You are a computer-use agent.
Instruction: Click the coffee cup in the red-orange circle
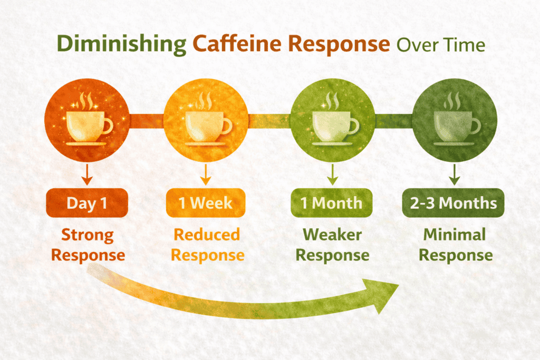pyautogui.click(x=88, y=127)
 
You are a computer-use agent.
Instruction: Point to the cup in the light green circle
pyautogui.click(x=332, y=127)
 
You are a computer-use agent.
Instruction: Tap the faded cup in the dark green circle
pyautogui.click(x=454, y=127)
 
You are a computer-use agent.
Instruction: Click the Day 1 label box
pyautogui.click(x=88, y=203)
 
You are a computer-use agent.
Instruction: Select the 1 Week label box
pyautogui.click(x=206, y=203)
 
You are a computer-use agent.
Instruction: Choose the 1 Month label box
pyautogui.click(x=332, y=203)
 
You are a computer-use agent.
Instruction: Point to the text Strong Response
pyautogui.click(x=88, y=245)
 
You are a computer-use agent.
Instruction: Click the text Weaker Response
pyautogui.click(x=332, y=245)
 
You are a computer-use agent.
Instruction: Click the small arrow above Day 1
pyautogui.click(x=88, y=176)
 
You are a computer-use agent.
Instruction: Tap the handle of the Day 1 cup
pyautogui.click(x=107, y=126)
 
